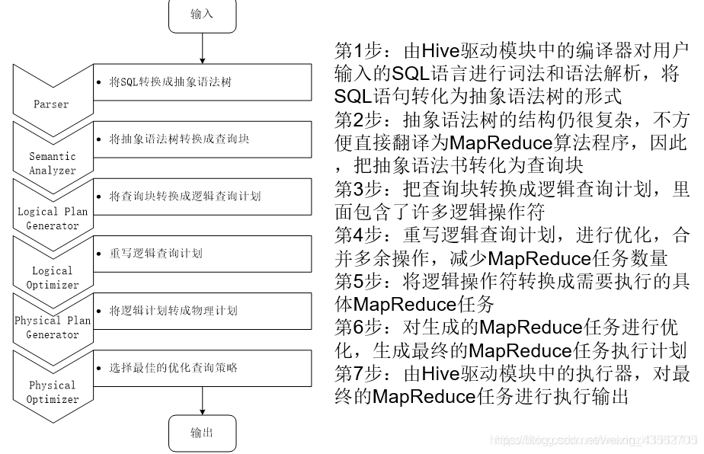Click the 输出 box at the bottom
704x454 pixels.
(202, 433)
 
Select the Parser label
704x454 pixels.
(51, 104)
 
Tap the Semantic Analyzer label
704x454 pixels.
(53, 163)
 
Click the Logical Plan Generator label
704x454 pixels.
(53, 219)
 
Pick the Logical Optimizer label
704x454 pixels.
(53, 277)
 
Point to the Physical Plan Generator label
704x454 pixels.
(53, 328)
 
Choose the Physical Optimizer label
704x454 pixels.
(53, 392)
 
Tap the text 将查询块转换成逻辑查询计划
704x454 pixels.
(185, 197)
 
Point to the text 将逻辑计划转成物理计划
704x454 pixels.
(173, 311)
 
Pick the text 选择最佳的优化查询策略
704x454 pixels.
(174, 368)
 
